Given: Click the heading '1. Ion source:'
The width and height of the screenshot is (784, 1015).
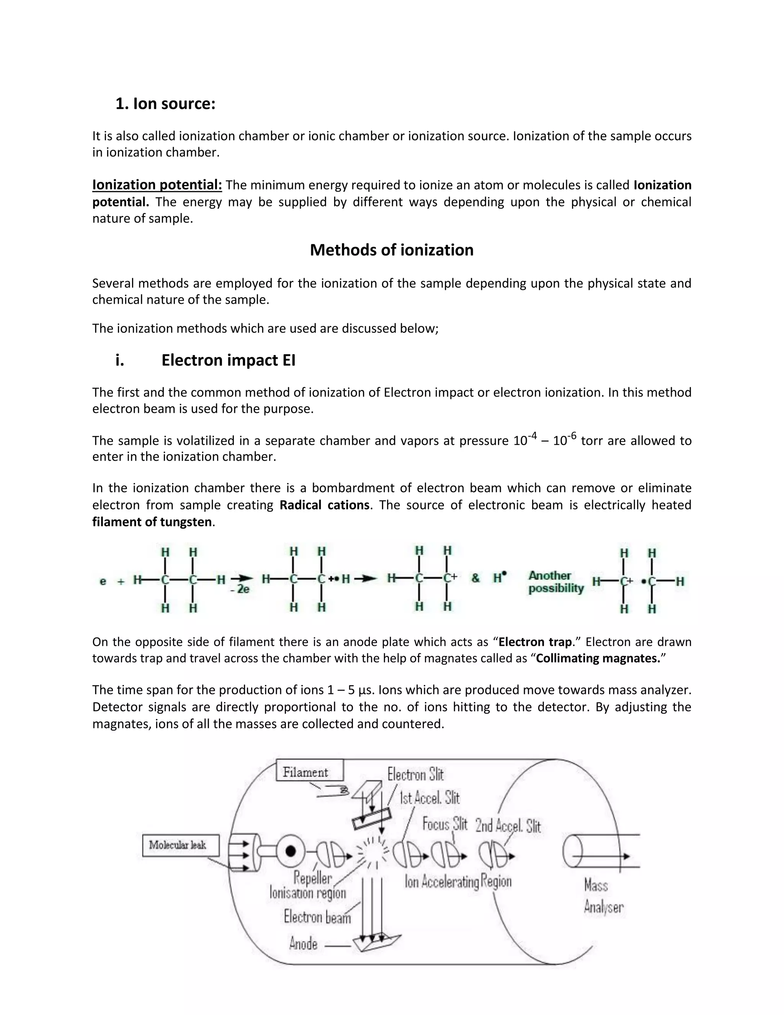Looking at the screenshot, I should coord(165,104).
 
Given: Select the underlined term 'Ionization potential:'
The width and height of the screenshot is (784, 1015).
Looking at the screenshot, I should coord(157,185).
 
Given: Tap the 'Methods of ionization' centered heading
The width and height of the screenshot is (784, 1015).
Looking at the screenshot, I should coord(392,250).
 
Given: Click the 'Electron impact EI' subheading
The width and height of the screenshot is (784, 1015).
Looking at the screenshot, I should coord(228,360).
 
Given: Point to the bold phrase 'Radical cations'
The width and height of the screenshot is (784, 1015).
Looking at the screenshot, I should coord(325,505).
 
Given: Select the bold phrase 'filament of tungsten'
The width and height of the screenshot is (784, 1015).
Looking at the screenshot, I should coord(152,522).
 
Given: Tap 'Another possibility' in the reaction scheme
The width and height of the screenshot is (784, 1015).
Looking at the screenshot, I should coord(555,582).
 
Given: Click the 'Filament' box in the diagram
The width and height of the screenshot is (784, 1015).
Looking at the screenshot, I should coord(309,773).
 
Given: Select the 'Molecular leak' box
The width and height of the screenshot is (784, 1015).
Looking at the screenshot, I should coord(180,845).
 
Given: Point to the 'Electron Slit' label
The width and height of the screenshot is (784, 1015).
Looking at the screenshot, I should coord(416,775).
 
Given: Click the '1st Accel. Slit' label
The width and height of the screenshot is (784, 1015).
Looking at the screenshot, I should coord(430,798).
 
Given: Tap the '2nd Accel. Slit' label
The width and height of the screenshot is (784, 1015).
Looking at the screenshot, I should coord(508,826).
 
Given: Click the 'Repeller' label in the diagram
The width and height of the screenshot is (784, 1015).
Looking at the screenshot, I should coord(313,878).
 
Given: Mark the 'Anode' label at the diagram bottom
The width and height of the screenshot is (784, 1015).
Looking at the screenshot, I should coord(303,944).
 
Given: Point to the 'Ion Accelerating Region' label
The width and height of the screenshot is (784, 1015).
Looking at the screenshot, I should coord(458,882).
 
